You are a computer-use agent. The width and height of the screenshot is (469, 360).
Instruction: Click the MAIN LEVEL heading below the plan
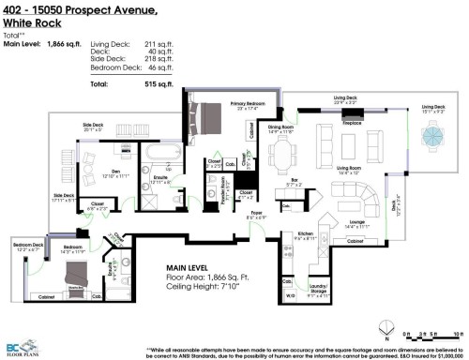[x=191, y=267]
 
